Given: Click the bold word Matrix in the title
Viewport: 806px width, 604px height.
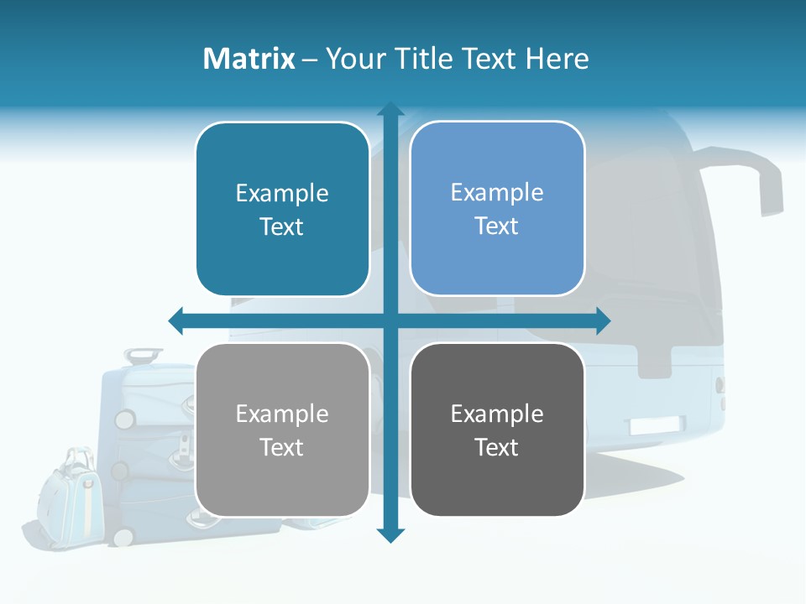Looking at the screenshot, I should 249,59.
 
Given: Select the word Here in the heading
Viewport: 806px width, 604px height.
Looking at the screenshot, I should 557,59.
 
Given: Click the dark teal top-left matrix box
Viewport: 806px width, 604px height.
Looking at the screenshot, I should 282,210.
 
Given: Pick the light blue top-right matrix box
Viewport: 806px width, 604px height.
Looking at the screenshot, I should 497,209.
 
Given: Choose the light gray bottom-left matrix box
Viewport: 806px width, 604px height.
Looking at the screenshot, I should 282,430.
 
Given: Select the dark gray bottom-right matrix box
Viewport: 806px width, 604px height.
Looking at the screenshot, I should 497,430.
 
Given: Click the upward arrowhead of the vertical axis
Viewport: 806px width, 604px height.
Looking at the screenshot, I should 390,109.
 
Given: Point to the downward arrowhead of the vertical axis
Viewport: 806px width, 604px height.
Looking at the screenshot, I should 390,535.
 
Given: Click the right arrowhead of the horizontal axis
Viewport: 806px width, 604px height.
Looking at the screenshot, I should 603,320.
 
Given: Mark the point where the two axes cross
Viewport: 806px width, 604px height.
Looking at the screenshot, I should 390,320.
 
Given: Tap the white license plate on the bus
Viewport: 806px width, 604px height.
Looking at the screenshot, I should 657,425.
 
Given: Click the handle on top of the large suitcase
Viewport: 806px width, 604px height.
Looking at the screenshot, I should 144,356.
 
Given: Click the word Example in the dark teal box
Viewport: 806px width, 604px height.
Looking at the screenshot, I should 282,193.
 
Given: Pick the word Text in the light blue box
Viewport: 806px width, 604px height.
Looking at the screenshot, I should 497,226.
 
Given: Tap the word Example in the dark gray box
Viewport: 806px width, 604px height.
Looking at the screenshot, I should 497,414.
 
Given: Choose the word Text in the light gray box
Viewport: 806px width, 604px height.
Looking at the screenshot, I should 282,447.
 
